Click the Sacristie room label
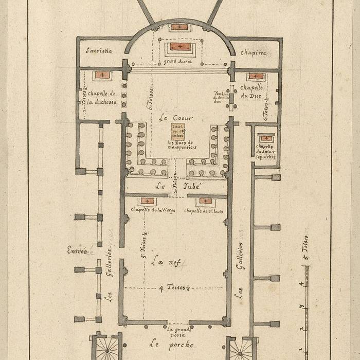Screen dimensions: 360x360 99,51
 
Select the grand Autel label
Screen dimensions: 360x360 177,62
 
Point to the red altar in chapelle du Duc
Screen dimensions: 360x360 256,77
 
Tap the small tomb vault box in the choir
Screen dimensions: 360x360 178,132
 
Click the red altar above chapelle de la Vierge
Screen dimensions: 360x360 147,201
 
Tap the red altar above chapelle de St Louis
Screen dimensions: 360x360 205,201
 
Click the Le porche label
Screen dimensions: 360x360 171,344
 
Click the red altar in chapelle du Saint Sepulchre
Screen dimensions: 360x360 266,138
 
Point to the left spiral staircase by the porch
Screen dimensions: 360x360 107,350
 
